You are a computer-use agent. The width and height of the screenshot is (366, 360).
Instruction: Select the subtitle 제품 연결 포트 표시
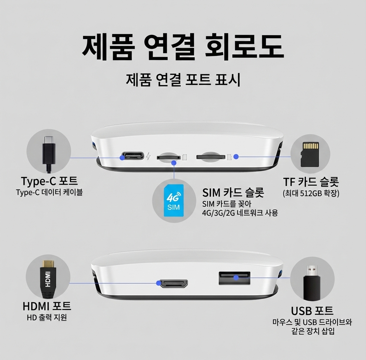[183, 80]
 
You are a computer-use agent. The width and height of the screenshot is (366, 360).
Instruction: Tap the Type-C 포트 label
[49, 181]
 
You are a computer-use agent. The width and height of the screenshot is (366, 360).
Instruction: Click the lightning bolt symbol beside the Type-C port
[149, 156]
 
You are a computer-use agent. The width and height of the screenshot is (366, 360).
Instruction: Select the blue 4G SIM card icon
[173, 201]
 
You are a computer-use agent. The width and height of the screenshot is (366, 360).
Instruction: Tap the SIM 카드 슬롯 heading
[233, 192]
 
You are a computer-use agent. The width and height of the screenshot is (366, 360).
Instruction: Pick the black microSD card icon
[310, 154]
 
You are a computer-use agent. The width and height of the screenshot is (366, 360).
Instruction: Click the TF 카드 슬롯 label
[311, 182]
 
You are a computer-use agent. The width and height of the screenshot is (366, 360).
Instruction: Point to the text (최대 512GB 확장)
[311, 193]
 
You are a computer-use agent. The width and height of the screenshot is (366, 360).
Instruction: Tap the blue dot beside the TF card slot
[236, 157]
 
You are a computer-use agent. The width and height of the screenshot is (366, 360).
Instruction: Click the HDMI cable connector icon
[48, 279]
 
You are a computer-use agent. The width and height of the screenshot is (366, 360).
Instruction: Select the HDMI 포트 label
[47, 306]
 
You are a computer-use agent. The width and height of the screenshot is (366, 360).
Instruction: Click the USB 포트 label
[312, 310]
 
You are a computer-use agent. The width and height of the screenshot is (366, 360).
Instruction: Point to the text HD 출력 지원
[47, 317]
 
